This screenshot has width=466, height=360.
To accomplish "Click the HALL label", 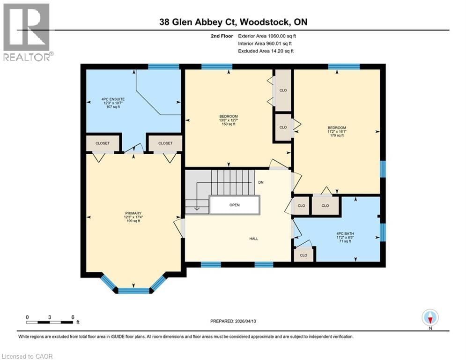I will pos(253,239).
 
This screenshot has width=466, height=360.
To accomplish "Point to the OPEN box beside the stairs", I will pos(234,205).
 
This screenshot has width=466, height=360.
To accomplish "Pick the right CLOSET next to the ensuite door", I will pos(165,143).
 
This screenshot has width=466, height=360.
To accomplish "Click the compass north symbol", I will pos(429,317).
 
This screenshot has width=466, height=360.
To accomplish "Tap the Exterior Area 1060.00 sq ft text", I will pos(267,36).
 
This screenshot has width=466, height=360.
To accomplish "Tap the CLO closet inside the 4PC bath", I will pos(303,255).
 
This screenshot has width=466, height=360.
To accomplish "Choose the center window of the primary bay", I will pos(133,291).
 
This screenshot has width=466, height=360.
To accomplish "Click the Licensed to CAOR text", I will pos(27,356).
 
